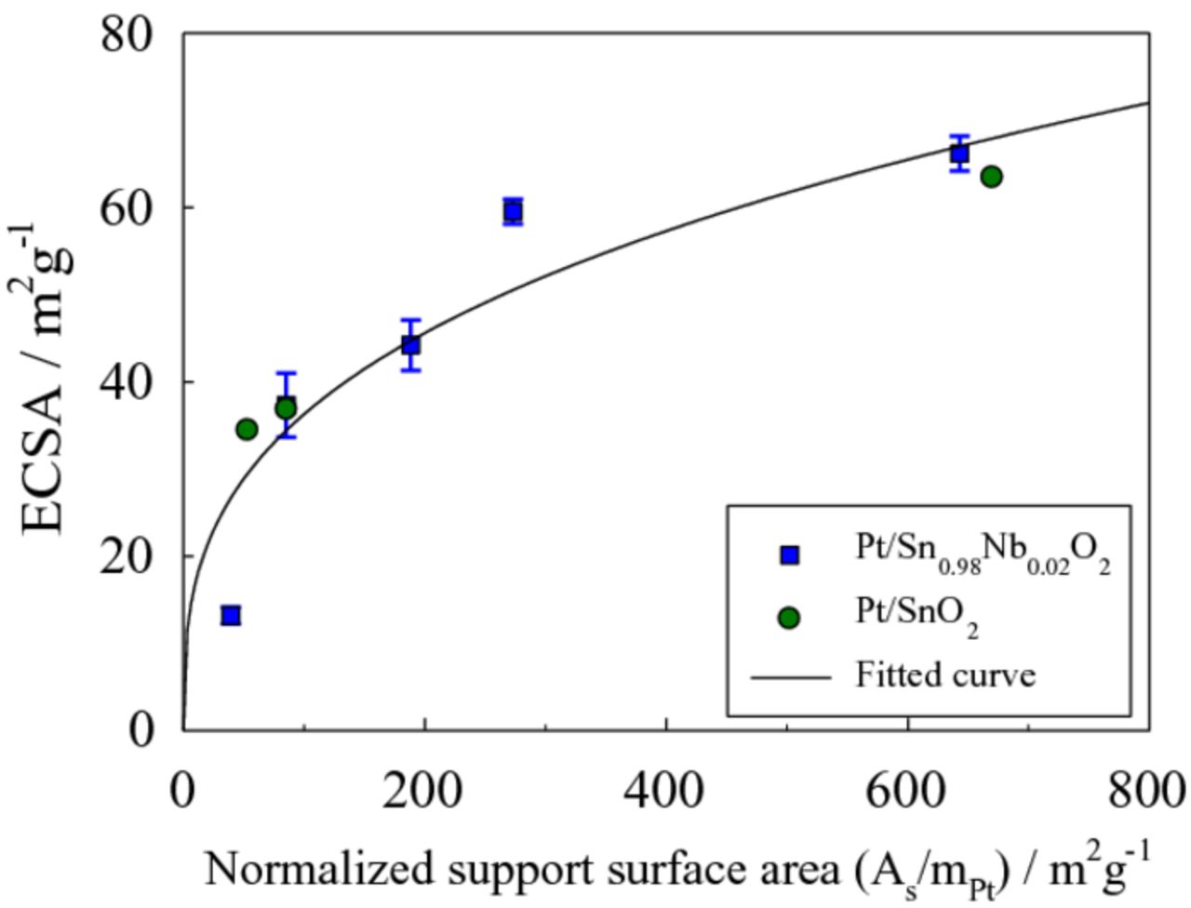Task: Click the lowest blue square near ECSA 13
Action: [x=231, y=615]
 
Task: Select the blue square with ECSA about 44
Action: [x=410, y=345]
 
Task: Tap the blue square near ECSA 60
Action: [x=513, y=212]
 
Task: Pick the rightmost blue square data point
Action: [x=959, y=154]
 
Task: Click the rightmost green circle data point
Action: [x=991, y=176]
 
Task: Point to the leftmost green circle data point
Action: [x=247, y=429]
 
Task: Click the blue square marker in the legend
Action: [x=789, y=555]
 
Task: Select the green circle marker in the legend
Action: [x=789, y=618]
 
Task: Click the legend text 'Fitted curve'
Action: [x=945, y=674]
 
